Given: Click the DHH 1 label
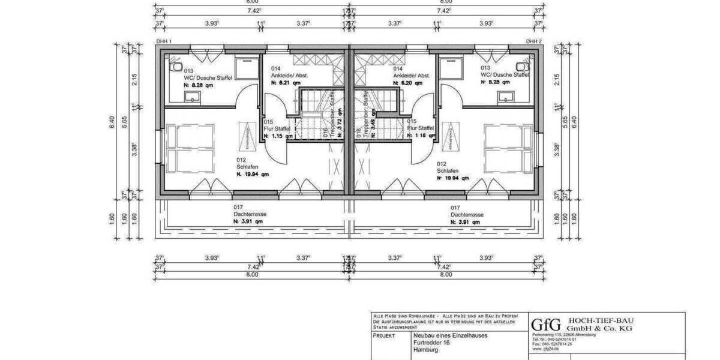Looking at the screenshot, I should pyautogui.click(x=164, y=41).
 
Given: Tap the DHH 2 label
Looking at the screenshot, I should pyautogui.click(x=533, y=41).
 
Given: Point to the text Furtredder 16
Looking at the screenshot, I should pyautogui.click(x=432, y=343).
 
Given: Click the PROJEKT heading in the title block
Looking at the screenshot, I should pyautogui.click(x=384, y=336).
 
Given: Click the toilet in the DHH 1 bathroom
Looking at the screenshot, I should pyautogui.click(x=176, y=65).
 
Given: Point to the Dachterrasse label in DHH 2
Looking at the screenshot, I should pyautogui.click(x=467, y=214).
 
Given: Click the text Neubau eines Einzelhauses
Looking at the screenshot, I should pyautogui.click(x=450, y=335).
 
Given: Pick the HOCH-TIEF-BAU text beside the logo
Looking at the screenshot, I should pyautogui.click(x=600, y=320).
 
